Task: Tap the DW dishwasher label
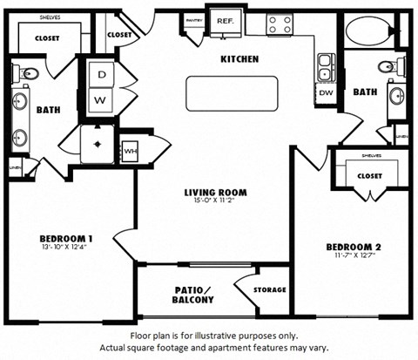325,92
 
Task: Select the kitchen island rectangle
232,93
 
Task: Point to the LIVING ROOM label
216,193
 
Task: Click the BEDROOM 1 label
67,239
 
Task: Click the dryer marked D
102,75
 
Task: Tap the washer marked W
102,99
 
